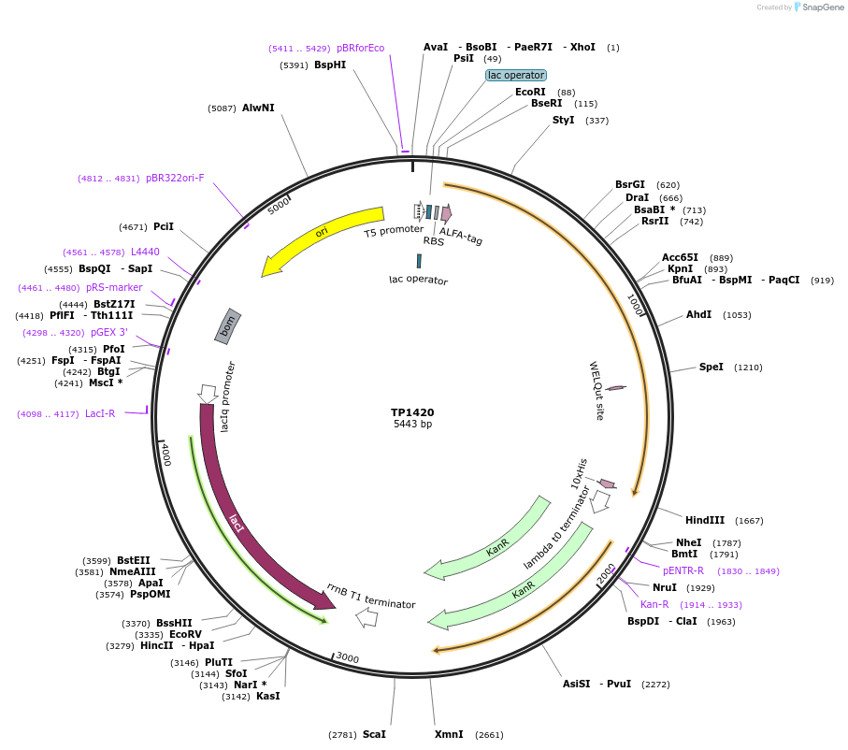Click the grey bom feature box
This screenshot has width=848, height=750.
pyautogui.click(x=228, y=325)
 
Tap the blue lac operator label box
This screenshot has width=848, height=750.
pyautogui.click(x=516, y=75)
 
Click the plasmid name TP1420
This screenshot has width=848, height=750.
pyautogui.click(x=412, y=411)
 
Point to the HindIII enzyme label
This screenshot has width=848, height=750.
pyautogui.click(x=705, y=520)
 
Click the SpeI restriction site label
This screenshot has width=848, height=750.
pyautogui.click(x=711, y=368)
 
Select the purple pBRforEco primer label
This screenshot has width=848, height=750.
pyautogui.click(x=360, y=48)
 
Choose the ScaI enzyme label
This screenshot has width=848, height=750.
pyautogui.click(x=374, y=734)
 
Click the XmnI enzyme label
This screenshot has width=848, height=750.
pyautogui.click(x=449, y=734)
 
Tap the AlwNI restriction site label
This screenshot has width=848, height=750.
pyautogui.click(x=258, y=108)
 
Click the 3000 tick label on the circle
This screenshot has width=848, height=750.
pyautogui.click(x=347, y=658)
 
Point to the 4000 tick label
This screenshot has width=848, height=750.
pyautogui.click(x=165, y=454)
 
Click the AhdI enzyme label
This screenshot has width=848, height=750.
pyautogui.click(x=699, y=315)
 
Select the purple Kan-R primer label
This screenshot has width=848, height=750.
pyautogui.click(x=654, y=604)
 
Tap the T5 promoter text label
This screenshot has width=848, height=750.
pyautogui.click(x=394, y=230)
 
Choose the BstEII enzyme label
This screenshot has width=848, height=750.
pyautogui.click(x=133, y=560)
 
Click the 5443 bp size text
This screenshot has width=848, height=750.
pyautogui.click(x=412, y=425)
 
